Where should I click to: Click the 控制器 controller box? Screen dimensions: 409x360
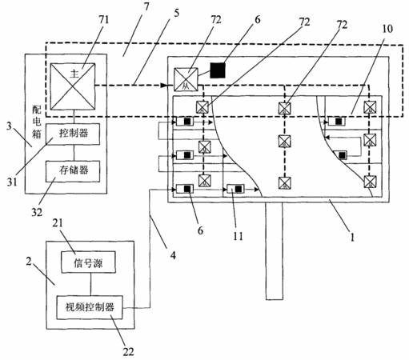(x=73, y=134)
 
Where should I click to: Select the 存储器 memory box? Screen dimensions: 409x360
(x=73, y=171)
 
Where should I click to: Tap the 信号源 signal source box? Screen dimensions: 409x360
(x=89, y=262)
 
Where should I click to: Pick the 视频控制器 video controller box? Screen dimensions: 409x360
(x=90, y=307)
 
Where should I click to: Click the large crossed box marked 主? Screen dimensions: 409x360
(x=73, y=86)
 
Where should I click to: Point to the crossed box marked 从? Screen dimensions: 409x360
(x=186, y=79)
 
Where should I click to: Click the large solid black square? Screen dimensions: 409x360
(x=218, y=70)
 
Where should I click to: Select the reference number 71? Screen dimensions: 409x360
(x=103, y=20)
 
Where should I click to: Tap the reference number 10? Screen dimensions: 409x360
(x=387, y=29)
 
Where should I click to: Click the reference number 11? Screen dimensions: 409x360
(x=238, y=236)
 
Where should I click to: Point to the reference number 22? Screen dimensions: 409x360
(x=128, y=352)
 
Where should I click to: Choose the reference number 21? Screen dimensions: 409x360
(x=58, y=223)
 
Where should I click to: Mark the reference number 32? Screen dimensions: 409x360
(x=37, y=212)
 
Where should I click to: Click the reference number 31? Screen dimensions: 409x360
(x=12, y=182)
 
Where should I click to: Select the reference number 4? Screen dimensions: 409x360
(x=173, y=255)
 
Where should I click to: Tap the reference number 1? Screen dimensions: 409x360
(x=352, y=237)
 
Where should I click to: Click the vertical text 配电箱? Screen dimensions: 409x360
(x=37, y=122)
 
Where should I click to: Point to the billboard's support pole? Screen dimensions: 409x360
(x=274, y=251)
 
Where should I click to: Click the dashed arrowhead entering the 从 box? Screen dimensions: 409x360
(x=163, y=86)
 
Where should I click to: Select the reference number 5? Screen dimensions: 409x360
(x=176, y=13)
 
